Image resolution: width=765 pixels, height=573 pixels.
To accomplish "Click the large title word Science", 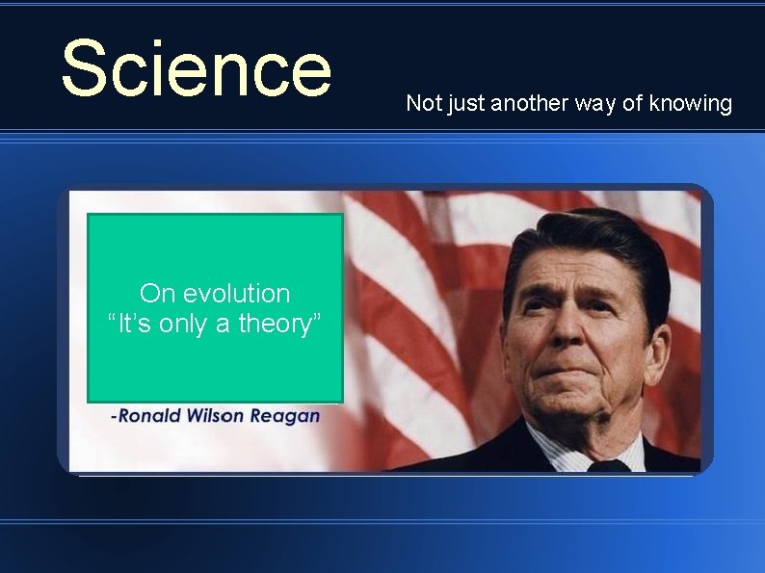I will coord(196,68).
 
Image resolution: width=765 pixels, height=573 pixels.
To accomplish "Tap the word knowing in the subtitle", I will coord(691,103).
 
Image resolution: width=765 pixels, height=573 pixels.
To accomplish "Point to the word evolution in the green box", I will coord(235,293).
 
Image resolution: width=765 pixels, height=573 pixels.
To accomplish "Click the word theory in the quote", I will coord(279,325).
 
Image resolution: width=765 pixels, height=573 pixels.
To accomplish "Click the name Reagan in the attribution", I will coord(284,416).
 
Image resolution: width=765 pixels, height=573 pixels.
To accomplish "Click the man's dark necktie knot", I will coord(608,465).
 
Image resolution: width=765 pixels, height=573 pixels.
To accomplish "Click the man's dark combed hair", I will coord(588,241).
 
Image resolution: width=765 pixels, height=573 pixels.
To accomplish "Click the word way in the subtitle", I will coord(599,103).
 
